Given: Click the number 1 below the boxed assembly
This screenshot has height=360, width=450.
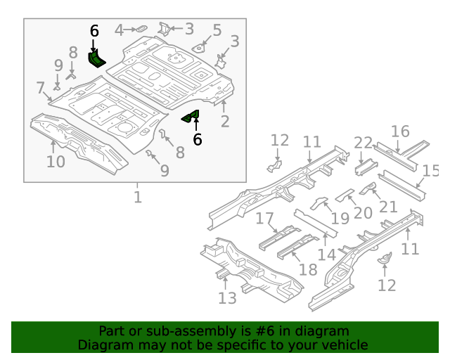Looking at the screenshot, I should pyautogui.click(x=138, y=197).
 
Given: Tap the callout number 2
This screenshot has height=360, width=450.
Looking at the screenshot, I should pyautogui.click(x=225, y=122).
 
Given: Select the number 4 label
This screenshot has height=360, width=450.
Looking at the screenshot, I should pyautogui.click(x=119, y=30).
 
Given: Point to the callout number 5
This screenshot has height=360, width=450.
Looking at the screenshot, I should pyautogui.click(x=217, y=30).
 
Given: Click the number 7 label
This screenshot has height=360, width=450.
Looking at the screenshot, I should pyautogui.click(x=40, y=88).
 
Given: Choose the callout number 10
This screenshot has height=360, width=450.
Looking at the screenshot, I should pyautogui.click(x=56, y=162).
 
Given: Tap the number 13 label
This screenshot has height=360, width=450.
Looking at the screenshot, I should pyautogui.click(x=227, y=298).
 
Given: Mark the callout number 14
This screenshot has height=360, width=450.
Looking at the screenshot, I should pyautogui.click(x=327, y=255).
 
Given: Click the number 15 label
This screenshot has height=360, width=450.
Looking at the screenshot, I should pyautogui.click(x=430, y=171).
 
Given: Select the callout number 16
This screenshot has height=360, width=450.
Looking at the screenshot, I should pyautogui.click(x=400, y=131).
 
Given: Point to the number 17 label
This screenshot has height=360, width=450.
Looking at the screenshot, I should pyautogui.click(x=264, y=219).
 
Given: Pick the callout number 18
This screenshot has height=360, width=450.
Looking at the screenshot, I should pyautogui.click(x=308, y=270).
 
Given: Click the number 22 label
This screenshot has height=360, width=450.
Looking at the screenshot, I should pyautogui.click(x=363, y=143).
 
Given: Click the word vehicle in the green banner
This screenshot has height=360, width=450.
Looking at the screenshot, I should pyautogui.click(x=345, y=345).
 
